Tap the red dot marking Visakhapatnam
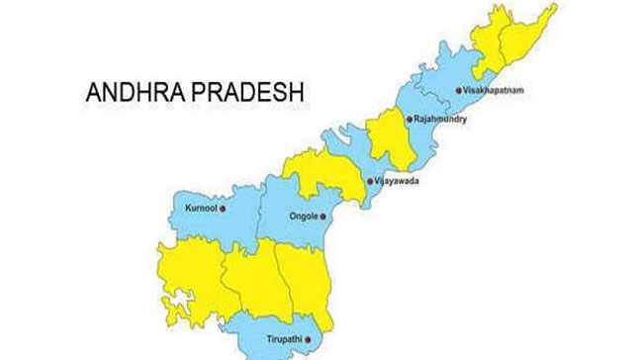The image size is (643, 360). point(457,90)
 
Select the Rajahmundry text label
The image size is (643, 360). point(440,120)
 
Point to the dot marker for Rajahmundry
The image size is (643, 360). point(408,120)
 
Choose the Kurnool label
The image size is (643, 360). point(198,209)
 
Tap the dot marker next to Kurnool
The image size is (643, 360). point(225,209)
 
